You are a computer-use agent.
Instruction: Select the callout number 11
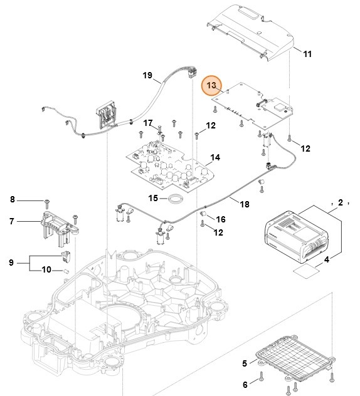tap(307, 55)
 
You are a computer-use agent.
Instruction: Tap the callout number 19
tap(147, 76)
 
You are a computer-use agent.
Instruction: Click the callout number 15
tap(153, 198)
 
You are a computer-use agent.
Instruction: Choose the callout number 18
tap(245, 204)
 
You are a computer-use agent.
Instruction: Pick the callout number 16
tap(221, 219)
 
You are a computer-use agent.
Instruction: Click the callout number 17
tap(148, 123)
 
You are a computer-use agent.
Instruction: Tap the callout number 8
tap(12, 200)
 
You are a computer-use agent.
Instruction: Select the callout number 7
tap(12, 221)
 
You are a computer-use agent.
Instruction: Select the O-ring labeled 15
tap(175, 199)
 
